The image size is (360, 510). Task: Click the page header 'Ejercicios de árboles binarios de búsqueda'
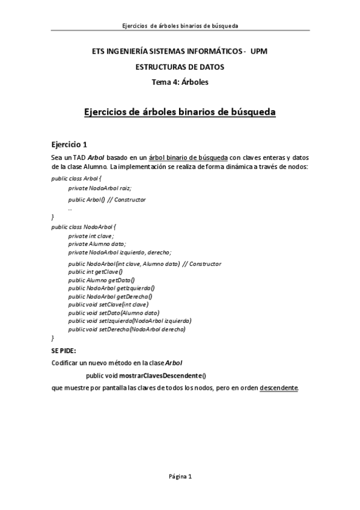click(x=180, y=26)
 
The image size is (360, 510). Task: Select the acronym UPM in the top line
click(x=258, y=52)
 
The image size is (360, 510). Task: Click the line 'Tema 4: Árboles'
click(x=180, y=82)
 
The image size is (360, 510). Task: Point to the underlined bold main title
click(x=180, y=112)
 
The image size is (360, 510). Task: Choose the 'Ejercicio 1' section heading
click(x=70, y=144)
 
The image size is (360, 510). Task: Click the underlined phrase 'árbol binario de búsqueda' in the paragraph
click(x=188, y=157)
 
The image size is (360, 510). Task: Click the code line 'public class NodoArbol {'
click(x=84, y=227)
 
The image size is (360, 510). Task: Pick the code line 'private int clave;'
click(x=91, y=236)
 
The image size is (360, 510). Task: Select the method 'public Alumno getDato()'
click(x=102, y=280)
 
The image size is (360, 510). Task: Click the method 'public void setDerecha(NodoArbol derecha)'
click(x=127, y=329)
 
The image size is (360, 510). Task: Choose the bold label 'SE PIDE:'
click(x=65, y=350)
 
